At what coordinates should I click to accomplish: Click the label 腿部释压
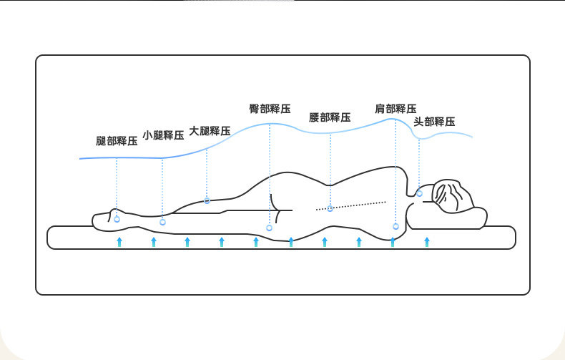coord(117,141)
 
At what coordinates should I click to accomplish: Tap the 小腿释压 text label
coord(163,135)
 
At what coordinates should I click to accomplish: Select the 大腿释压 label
coord(210,131)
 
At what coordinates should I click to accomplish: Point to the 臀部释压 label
coord(270,110)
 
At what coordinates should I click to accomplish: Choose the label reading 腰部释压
coord(330,117)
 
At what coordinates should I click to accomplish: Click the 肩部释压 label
coord(395,109)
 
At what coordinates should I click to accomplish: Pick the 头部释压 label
coord(434,122)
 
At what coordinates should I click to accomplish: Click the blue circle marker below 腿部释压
coord(117,219)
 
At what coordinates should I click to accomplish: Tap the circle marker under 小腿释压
coord(162,222)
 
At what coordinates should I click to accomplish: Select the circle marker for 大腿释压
coord(207,200)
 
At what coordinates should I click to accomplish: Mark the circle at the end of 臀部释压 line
coord(270,228)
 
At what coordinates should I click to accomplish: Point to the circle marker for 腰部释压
coord(330,208)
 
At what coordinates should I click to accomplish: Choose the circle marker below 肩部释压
coord(395,226)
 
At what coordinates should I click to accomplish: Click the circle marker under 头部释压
coord(420,193)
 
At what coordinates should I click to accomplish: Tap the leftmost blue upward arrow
coord(119,242)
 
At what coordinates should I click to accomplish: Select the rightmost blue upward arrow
coord(427,242)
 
